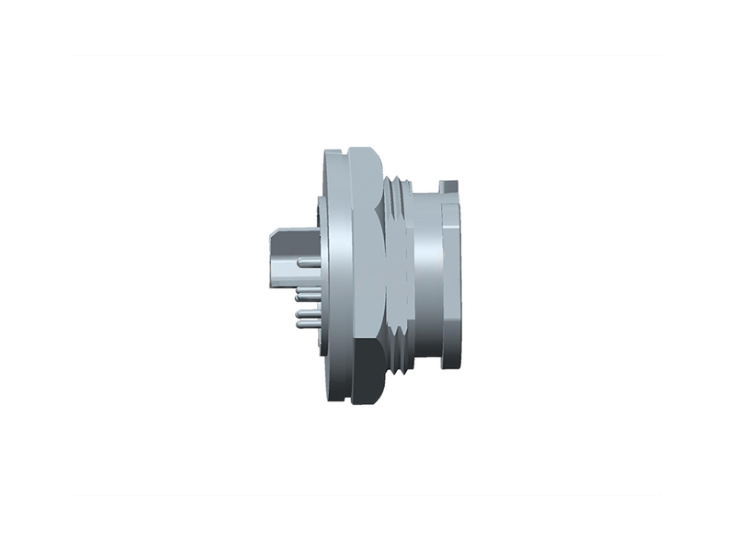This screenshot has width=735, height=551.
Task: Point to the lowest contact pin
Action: click(x=305, y=324)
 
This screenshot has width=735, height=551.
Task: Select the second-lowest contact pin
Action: click(x=305, y=314)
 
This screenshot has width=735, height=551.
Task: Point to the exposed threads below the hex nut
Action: click(x=397, y=354)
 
